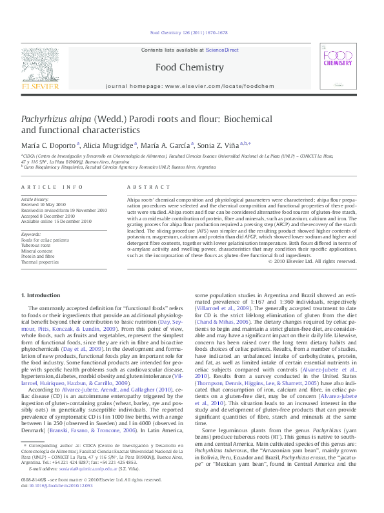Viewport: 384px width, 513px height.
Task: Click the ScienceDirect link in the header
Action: pos(222,50)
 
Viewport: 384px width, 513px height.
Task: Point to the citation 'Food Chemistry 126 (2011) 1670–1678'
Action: pos(189,32)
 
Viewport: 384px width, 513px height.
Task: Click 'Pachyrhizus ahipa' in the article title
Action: pos(57,120)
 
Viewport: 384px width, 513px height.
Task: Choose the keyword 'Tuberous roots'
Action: pos(38,245)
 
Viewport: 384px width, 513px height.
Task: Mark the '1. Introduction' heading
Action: pos(42,295)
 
